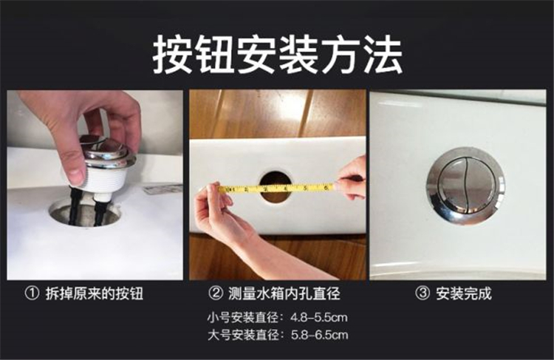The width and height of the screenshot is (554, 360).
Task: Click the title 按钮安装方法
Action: [277, 55]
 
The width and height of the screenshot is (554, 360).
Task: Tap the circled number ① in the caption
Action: [32, 293]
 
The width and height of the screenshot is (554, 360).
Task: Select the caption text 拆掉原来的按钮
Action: [95, 293]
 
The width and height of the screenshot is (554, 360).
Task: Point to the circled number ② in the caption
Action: [216, 293]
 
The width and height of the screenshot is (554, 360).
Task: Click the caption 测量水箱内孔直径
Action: [284, 293]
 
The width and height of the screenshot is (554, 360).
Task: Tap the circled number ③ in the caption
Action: [423, 293]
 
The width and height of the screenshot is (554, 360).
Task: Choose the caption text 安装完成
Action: [464, 293]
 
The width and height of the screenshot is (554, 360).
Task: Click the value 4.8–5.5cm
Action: [318, 317]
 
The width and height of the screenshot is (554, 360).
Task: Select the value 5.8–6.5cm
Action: [319, 335]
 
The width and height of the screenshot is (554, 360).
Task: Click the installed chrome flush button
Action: [465, 186]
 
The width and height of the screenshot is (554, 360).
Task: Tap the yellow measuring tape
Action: [276, 189]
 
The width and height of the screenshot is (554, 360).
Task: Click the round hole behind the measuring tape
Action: [276, 187]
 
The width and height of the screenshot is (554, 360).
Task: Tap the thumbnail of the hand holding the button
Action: [95, 185]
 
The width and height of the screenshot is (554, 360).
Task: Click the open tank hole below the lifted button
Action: [85, 213]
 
